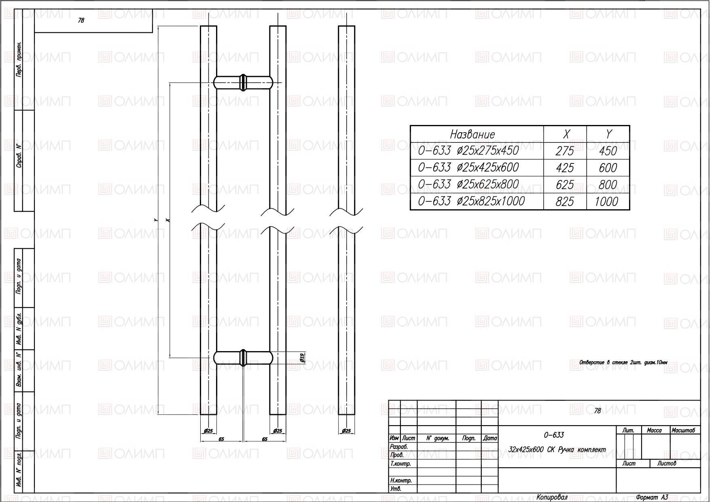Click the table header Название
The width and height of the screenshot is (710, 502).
tap(473, 134)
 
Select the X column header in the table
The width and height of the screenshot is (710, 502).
tap(566, 134)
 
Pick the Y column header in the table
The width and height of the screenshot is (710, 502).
tap(609, 134)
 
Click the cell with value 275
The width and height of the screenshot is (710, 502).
tap(565, 151)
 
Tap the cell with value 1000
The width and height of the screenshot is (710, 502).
tap(606, 201)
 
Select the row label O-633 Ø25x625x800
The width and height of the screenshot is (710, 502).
tap(468, 184)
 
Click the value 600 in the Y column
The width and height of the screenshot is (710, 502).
tap(608, 168)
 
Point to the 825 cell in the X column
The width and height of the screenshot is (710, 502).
tap(565, 201)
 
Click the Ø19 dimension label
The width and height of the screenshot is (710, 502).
tap(302, 358)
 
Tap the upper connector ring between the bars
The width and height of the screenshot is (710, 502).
tap(243, 82)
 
